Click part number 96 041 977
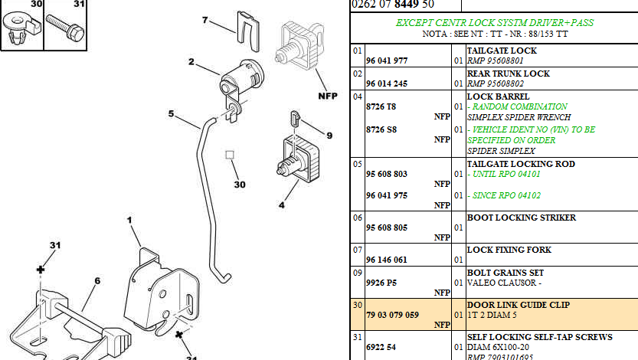(391, 61)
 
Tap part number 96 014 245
(391, 84)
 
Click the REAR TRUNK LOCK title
(509, 74)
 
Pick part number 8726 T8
(381, 106)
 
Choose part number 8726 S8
(381, 129)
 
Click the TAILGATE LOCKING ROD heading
(521, 164)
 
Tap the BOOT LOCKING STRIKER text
(522, 218)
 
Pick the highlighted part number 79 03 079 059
(393, 315)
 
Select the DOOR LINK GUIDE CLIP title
(519, 305)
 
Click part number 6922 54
(381, 347)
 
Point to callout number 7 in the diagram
(205, 19)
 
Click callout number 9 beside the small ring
(329, 136)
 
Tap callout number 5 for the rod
(172, 115)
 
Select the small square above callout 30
(229, 155)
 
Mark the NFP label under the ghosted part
(328, 97)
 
